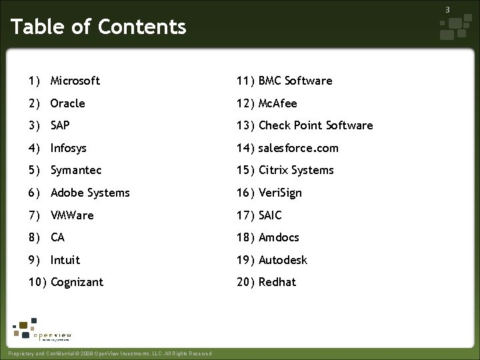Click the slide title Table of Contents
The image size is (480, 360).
pos(99,27)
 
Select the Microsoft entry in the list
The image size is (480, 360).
pos(75,81)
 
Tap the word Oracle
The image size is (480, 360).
pos(67,103)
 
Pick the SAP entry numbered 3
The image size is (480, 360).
pos(59,125)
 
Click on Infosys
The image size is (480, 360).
pos(68,148)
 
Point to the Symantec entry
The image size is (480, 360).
pos(76,170)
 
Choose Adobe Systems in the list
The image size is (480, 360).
pos(90,193)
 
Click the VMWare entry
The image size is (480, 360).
pos(72,215)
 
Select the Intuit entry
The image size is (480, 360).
pos(65,260)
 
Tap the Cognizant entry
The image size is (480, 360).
pos(77,282)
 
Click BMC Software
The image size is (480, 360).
pos(295,81)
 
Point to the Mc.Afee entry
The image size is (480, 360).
pos(277,103)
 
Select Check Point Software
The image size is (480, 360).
pos(315,125)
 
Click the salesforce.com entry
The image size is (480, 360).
pos(298,148)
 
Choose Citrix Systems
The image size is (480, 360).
pos(296,170)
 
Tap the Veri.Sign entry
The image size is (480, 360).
pos(280,193)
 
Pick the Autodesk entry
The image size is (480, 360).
pos(283,260)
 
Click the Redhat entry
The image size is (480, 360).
pos(277,282)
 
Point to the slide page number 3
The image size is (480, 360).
pos(448,9)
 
